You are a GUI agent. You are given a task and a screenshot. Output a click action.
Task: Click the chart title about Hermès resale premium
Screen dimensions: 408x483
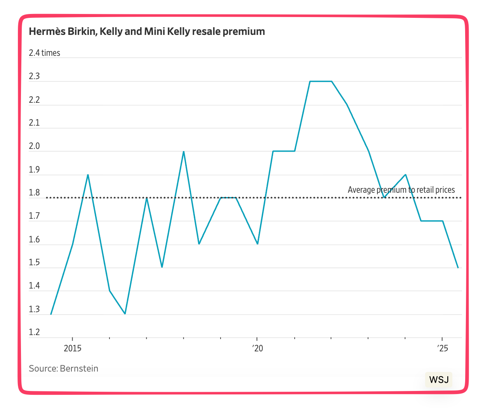click(x=147, y=31)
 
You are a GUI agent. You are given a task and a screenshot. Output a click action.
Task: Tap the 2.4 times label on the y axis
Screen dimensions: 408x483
click(x=44, y=53)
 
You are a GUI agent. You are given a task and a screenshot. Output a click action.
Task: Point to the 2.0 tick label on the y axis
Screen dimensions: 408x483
click(x=34, y=146)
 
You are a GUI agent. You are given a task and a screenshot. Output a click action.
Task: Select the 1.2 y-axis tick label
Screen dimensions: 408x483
click(x=34, y=332)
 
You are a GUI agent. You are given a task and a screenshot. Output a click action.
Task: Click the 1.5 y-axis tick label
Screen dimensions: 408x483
click(x=34, y=263)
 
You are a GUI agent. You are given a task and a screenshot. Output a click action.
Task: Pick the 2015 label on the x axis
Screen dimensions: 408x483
click(x=73, y=348)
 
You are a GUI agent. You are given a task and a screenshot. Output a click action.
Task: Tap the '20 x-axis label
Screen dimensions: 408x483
click(x=257, y=348)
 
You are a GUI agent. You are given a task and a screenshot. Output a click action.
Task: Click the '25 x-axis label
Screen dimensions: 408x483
click(x=442, y=348)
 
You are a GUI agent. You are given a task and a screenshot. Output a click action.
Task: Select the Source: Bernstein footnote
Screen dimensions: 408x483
click(x=63, y=368)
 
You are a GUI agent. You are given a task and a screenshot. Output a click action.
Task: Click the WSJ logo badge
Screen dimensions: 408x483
click(x=439, y=379)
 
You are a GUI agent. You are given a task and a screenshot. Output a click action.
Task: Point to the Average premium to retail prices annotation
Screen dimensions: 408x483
click(x=401, y=190)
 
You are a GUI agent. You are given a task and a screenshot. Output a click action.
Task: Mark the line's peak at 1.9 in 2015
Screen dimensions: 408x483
click(x=88, y=175)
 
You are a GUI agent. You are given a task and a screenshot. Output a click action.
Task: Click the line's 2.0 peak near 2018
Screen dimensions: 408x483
click(x=184, y=152)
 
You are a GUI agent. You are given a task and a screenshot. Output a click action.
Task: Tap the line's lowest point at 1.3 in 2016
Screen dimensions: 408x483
click(x=125, y=314)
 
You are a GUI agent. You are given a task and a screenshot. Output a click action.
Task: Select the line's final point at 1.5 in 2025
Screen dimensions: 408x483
click(x=458, y=268)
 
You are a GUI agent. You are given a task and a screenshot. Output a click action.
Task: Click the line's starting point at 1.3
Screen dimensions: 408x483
click(x=51, y=314)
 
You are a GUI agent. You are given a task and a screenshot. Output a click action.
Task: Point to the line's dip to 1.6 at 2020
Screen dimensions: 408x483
click(x=257, y=244)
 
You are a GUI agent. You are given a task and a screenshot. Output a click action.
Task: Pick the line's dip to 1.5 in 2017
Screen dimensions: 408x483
click(x=162, y=267)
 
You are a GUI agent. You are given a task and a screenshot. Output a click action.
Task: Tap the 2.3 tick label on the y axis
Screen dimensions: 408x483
click(x=34, y=76)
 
